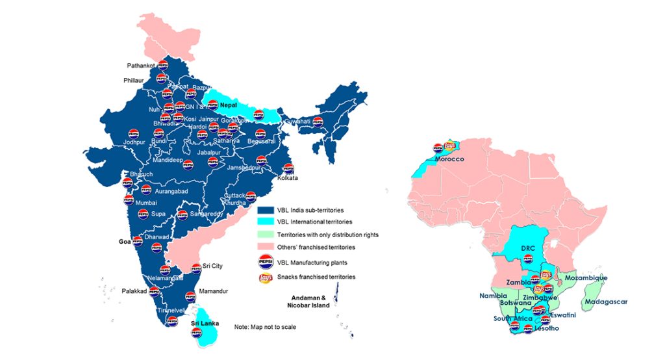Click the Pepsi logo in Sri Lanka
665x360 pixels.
(x=196, y=333)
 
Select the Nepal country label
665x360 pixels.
(x=228, y=105)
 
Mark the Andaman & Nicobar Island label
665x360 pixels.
(x=310, y=301)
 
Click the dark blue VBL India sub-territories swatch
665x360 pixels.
(x=266, y=211)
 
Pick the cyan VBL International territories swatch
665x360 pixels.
(x=266, y=223)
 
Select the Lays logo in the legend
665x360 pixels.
(x=266, y=277)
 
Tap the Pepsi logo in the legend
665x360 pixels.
(x=266, y=262)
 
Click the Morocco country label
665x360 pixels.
(x=453, y=159)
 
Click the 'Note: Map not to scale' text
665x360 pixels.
(x=265, y=326)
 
